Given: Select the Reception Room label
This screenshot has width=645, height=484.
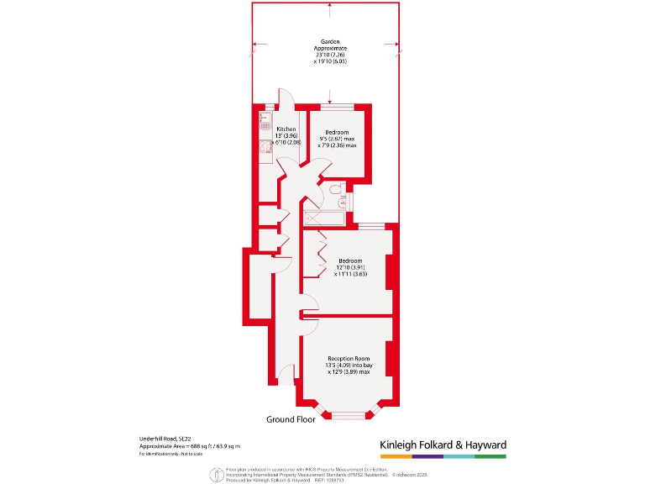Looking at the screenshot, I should pos(349,359).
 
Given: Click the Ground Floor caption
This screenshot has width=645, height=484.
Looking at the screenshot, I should pos(291,418).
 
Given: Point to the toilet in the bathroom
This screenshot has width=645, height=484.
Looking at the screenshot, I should pos(337,192).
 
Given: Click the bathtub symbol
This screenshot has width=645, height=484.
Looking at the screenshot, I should pos(323,219).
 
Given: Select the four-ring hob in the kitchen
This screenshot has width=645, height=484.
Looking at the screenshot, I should pos(262,145).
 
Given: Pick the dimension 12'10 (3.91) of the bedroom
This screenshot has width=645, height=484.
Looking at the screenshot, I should pos(349,267).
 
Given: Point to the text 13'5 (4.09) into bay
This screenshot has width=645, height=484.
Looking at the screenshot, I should pos(349,366).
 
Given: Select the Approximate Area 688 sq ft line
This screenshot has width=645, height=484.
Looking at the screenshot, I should pos(190,446).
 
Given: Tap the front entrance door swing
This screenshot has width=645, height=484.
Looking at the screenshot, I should pos(287,374).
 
